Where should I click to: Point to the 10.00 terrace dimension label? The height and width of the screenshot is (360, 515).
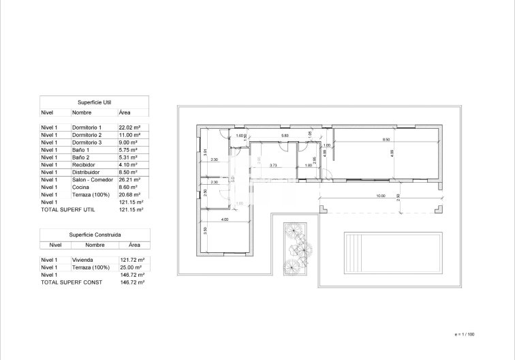(x=379, y=196)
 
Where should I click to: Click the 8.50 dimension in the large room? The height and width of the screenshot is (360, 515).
(x=386, y=140)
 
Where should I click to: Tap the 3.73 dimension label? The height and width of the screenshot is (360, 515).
(x=272, y=165)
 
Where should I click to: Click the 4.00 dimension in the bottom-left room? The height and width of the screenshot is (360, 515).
(x=224, y=220)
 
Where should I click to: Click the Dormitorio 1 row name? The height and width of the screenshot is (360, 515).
(x=87, y=127)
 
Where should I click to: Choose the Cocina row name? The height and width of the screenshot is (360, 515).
(x=80, y=187)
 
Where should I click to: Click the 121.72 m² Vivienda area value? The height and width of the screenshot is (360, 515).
(x=130, y=260)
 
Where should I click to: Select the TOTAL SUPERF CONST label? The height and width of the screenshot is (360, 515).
(x=69, y=282)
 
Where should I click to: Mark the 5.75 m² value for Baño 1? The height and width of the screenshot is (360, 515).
(x=129, y=149)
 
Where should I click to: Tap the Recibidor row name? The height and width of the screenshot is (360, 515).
(x=83, y=164)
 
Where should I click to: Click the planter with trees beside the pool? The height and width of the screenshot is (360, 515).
(x=296, y=249)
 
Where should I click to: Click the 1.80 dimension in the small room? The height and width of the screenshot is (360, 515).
(x=308, y=165)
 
